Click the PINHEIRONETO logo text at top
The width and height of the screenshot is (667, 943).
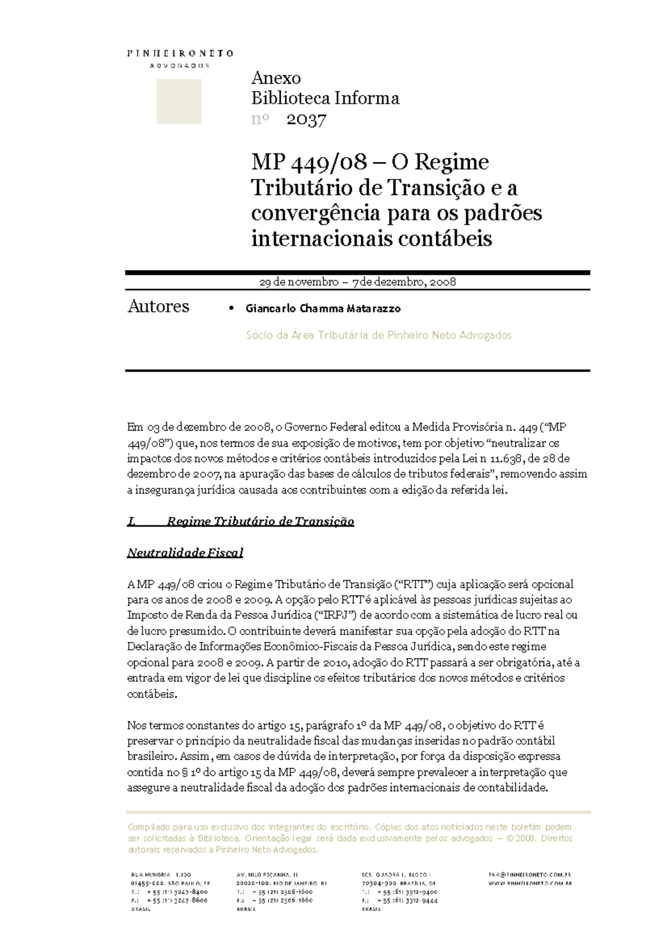click(x=180, y=53)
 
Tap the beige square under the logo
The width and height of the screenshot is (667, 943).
click(x=179, y=102)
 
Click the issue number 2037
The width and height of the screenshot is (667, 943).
click(x=306, y=120)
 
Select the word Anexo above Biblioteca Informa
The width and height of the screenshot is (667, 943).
click(x=276, y=78)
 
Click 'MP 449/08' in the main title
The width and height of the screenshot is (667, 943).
click(x=309, y=162)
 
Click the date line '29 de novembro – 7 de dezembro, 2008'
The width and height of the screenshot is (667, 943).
click(x=357, y=282)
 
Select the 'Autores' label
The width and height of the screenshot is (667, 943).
click(x=158, y=307)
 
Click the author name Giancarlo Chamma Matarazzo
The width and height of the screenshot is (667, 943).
click(x=323, y=308)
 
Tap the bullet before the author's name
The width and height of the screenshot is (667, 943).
click(x=232, y=308)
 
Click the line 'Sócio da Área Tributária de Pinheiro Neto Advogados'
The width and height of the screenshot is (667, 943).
click(x=378, y=335)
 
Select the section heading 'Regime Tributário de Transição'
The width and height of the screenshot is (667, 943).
click(x=260, y=521)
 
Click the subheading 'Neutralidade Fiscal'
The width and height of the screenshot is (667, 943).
click(x=185, y=553)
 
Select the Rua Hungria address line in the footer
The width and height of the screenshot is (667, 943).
click(x=161, y=875)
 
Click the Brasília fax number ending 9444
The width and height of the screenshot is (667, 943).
click(x=408, y=901)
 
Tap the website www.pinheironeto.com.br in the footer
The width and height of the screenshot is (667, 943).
click(x=530, y=883)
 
